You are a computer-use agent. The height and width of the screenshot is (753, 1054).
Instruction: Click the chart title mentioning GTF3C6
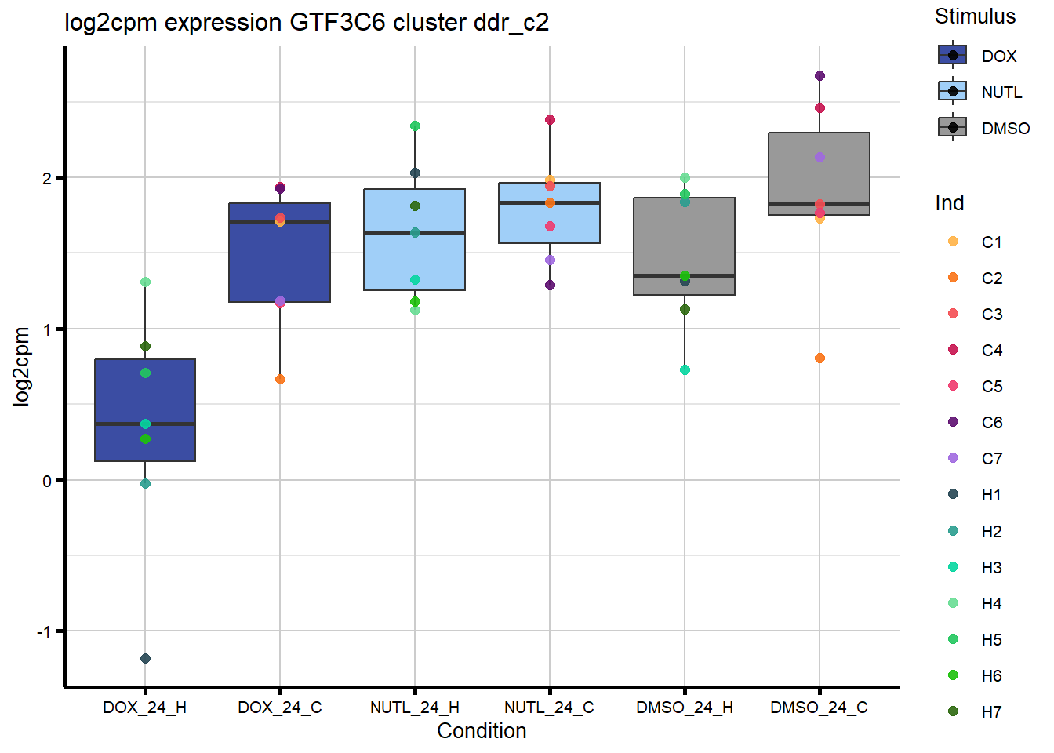(x=307, y=23)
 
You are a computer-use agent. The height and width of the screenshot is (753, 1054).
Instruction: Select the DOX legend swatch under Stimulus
(x=953, y=56)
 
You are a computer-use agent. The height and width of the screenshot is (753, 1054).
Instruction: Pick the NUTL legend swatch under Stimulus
(x=953, y=92)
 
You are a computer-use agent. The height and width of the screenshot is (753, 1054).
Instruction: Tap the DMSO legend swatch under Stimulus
(x=953, y=128)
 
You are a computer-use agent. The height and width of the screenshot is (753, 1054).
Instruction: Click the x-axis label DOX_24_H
(x=145, y=708)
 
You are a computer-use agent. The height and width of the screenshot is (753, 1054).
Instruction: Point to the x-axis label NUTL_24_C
(x=549, y=708)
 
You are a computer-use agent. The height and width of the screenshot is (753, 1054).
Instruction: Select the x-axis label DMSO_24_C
(x=819, y=708)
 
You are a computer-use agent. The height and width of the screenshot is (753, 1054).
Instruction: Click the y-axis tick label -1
(x=45, y=632)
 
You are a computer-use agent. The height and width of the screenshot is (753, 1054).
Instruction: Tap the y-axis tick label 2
(x=48, y=179)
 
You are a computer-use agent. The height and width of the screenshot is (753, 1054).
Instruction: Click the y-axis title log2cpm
(x=21, y=366)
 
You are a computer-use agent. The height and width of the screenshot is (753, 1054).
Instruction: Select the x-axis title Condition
(x=482, y=731)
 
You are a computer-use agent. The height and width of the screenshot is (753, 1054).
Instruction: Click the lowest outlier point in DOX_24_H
(x=145, y=658)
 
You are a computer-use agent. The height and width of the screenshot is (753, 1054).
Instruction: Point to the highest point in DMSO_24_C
(x=820, y=76)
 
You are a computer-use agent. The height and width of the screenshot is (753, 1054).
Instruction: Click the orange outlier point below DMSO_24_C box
(x=820, y=358)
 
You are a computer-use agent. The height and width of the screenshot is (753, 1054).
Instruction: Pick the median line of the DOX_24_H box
(x=145, y=424)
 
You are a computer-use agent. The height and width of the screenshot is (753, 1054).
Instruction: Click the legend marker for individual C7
(x=953, y=458)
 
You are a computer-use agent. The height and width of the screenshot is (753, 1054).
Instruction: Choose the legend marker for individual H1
(x=953, y=494)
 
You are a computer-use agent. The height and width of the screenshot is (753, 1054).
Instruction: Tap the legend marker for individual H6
(x=953, y=675)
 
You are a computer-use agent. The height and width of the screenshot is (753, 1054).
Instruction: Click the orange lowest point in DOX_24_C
(x=280, y=380)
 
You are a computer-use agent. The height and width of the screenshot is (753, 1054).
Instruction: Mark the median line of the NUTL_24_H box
(x=415, y=232)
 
